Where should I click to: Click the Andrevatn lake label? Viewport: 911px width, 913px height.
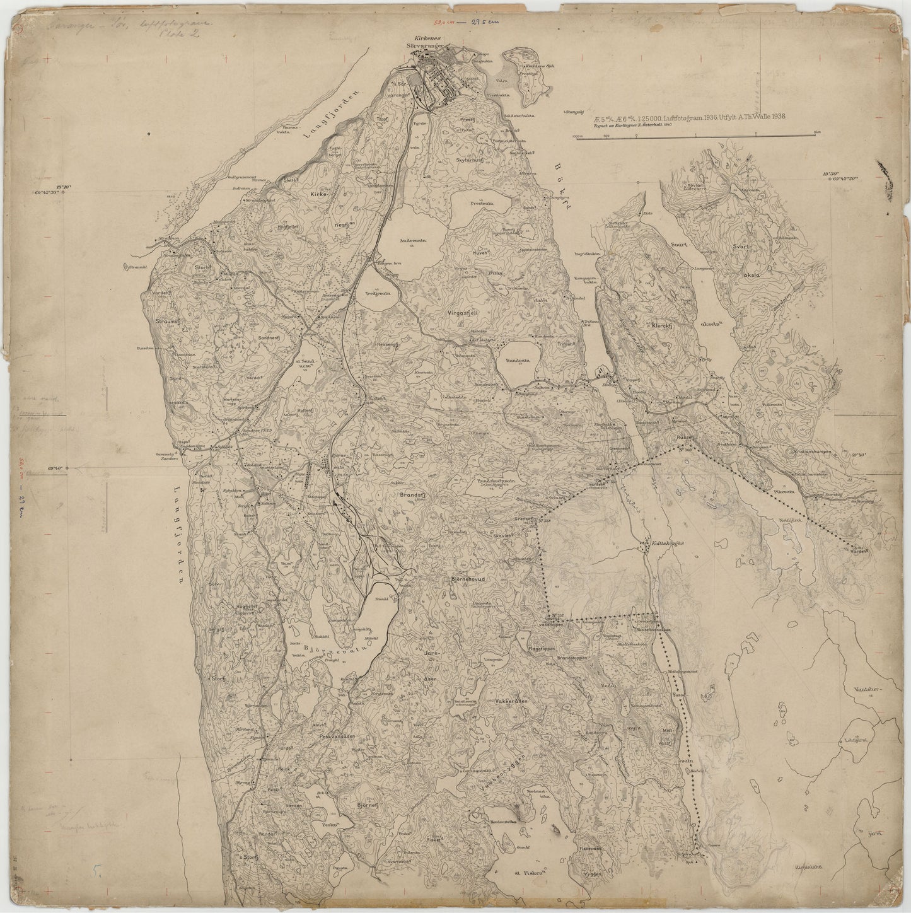[412, 240]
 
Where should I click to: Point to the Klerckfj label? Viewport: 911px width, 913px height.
[665, 327]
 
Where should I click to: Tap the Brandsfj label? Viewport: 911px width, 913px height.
[414, 496]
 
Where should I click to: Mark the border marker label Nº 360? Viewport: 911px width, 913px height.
[686, 450]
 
